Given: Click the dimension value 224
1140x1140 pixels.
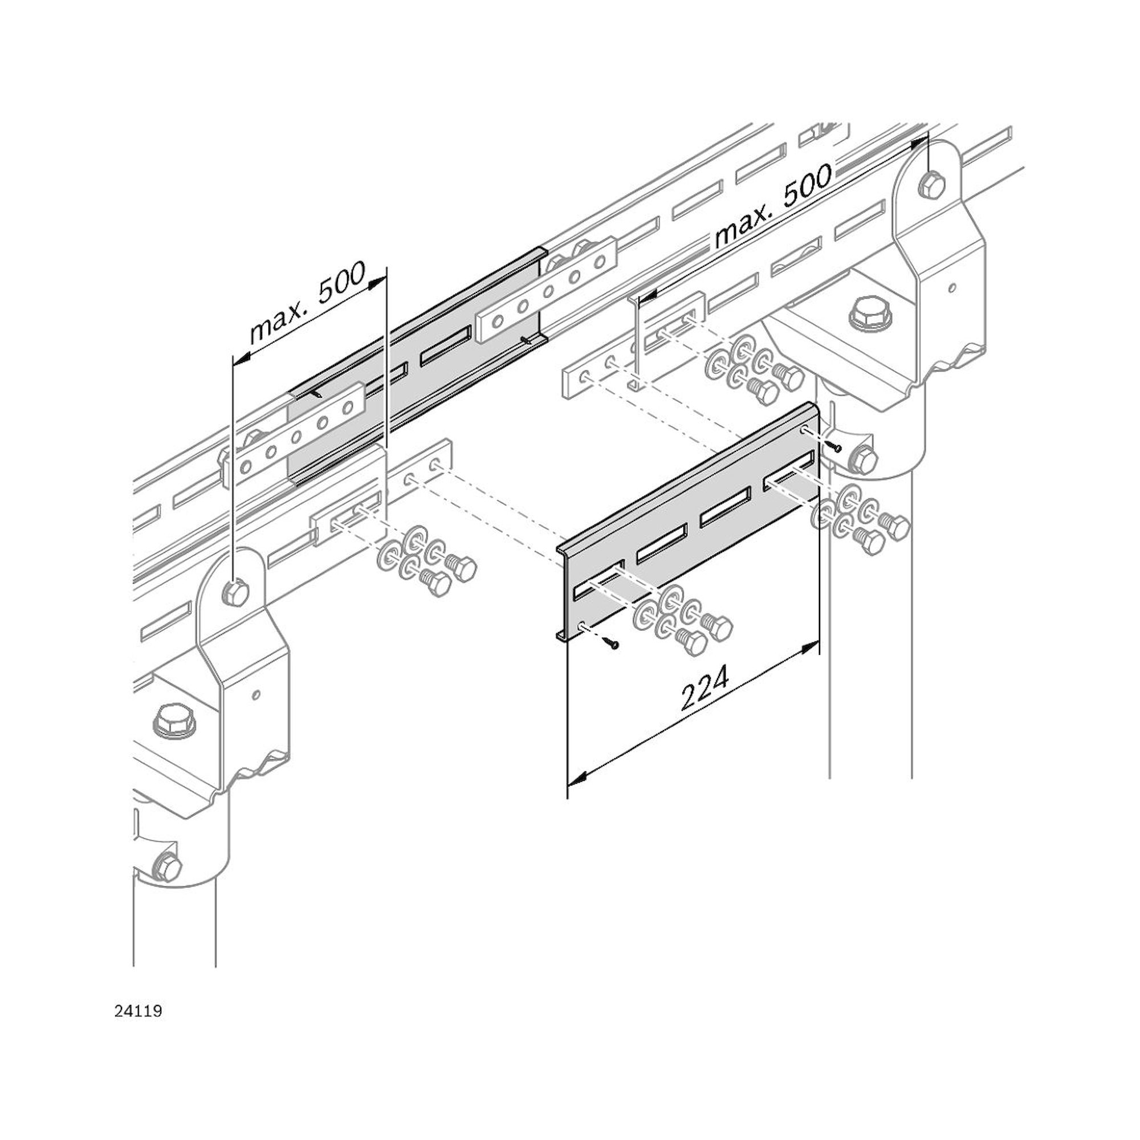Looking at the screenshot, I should tap(705, 687).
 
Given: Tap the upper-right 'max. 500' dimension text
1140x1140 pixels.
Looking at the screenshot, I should tap(773, 205).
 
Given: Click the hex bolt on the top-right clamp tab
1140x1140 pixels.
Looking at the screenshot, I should tap(932, 184).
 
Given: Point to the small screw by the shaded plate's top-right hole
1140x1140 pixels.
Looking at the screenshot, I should tap(836, 447).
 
